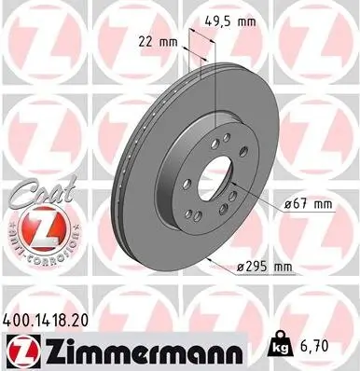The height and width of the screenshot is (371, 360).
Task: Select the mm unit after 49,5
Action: click(x=249, y=20)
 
